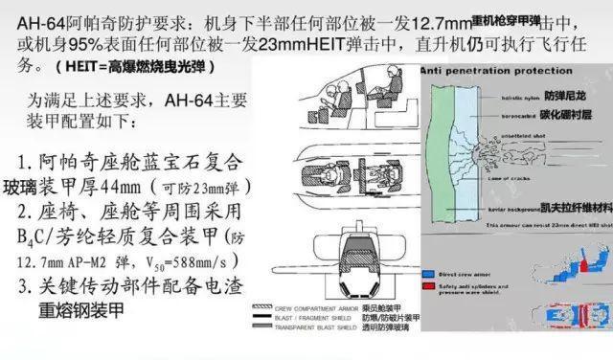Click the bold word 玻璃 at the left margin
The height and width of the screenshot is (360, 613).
click(24, 187)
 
